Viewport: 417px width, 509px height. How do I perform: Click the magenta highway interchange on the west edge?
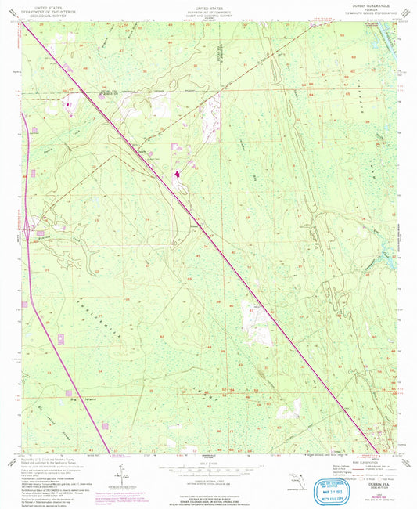pyautogui.click(x=29, y=229)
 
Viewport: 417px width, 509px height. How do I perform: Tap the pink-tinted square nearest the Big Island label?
pyautogui.click(x=69, y=392)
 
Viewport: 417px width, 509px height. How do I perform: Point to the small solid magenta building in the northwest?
pyautogui.click(x=68, y=103)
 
